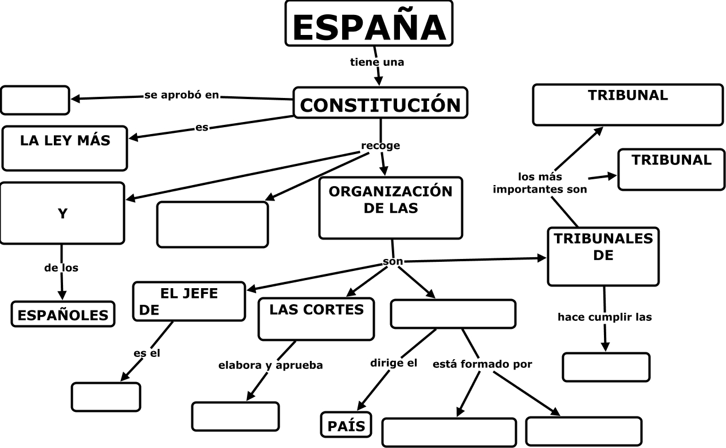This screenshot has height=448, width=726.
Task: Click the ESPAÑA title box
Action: click(x=369, y=23)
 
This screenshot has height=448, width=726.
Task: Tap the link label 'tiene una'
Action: click(x=377, y=62)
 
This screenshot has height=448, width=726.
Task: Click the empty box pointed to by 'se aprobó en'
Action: click(x=35, y=100)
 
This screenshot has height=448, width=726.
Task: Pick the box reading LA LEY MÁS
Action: click(x=65, y=148)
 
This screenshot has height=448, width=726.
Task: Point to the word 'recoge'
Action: click(x=380, y=146)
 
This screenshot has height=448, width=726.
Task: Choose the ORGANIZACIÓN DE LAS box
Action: click(x=390, y=207)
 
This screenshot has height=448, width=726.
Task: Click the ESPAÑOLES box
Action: click(x=63, y=314)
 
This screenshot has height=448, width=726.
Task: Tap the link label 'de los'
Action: click(x=61, y=268)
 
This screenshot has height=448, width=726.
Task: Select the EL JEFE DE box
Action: click(x=189, y=301)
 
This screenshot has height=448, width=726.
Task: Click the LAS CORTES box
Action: click(x=316, y=319)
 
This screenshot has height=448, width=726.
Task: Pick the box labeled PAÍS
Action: click(x=346, y=425)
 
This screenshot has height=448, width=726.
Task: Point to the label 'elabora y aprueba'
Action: click(x=270, y=365)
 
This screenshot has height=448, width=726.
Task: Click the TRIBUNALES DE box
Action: click(x=603, y=256)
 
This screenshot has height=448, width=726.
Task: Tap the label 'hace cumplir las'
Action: click(x=605, y=317)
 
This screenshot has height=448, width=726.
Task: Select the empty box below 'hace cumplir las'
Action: click(x=606, y=367)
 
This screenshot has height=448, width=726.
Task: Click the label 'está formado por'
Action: click(x=482, y=364)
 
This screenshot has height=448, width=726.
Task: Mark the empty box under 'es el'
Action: click(x=106, y=396)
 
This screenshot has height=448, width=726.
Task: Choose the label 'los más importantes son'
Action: click(x=540, y=183)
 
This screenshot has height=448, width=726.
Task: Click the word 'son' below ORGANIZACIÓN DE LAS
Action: click(x=393, y=261)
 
